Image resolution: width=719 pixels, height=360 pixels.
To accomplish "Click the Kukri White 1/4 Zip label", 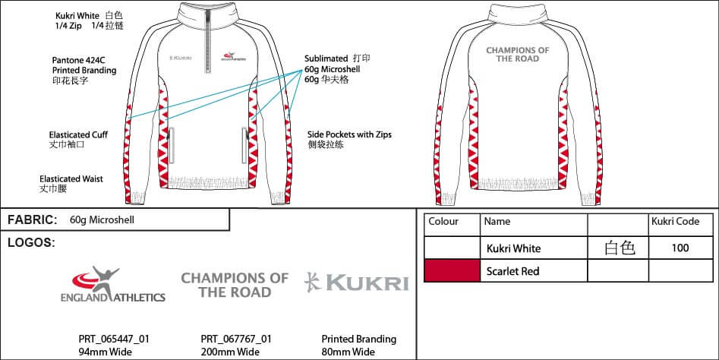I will pyautogui.click(x=90, y=21).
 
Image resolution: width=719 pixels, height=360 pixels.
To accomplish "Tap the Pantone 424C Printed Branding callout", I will pyautogui.click(x=84, y=69).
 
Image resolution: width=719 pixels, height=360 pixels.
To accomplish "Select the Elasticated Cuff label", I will pyautogui.click(x=78, y=138).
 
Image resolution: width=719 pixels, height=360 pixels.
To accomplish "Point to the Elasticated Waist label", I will pyautogui.click(x=71, y=183).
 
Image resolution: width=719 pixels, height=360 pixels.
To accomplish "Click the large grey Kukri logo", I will pyautogui.click(x=356, y=283).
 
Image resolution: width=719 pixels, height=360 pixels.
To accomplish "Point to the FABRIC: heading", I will pyautogui.click(x=33, y=220).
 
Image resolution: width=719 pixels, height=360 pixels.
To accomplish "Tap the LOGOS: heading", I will pyautogui.click(x=31, y=243).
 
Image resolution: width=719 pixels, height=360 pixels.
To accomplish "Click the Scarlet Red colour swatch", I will pyautogui.click(x=452, y=270).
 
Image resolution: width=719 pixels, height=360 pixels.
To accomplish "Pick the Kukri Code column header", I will pyautogui.click(x=675, y=222).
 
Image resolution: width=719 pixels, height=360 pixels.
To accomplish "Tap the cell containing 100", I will pyautogui.click(x=680, y=248).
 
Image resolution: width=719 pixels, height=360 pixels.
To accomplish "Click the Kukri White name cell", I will pyautogui.click(x=515, y=248).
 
